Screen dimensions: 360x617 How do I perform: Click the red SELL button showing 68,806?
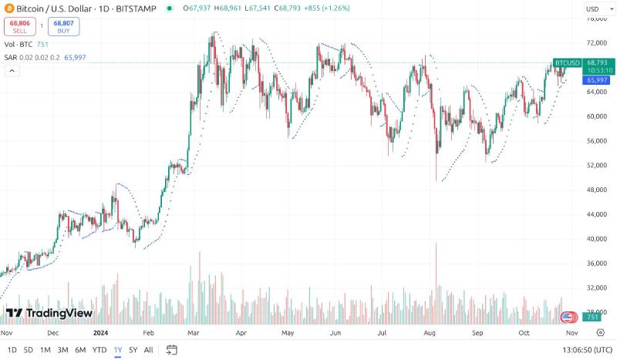(19, 25)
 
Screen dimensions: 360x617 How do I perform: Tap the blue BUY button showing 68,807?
(63, 25)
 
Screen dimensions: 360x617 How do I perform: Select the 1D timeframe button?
(12, 350)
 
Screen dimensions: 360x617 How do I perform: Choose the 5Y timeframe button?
(133, 350)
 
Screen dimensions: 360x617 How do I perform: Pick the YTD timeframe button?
(99, 350)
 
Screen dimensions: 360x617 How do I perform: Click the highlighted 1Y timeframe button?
(117, 350)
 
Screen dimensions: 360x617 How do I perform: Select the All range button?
(149, 350)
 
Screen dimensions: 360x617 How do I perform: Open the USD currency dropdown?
(595, 9)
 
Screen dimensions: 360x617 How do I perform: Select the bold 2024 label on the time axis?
(99, 333)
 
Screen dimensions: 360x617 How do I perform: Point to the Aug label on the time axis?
(430, 333)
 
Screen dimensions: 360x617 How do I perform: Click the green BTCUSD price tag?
(567, 62)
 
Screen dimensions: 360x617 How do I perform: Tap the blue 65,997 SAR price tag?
(597, 80)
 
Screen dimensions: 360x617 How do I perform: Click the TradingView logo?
(49, 313)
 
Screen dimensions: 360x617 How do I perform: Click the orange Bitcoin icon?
(9, 9)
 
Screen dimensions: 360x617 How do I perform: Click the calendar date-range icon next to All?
(172, 350)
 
